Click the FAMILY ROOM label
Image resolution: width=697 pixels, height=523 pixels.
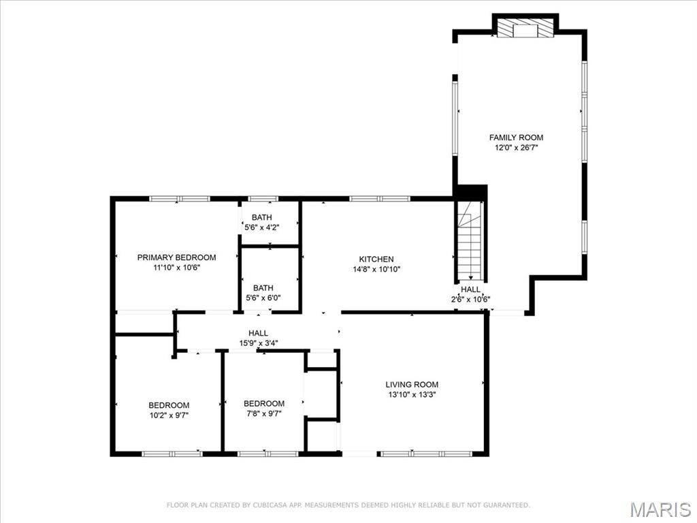(x=516, y=138)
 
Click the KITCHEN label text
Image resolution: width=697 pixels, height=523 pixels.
(x=376, y=259)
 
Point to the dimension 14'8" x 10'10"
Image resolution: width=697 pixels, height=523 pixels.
(x=376, y=269)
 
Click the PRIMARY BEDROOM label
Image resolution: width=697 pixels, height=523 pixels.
(x=176, y=257)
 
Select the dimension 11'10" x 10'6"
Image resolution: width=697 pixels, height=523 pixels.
(x=176, y=268)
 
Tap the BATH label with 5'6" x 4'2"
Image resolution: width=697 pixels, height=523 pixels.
(x=262, y=217)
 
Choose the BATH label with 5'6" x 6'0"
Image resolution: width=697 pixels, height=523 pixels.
(x=263, y=288)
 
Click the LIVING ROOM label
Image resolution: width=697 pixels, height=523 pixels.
(x=412, y=384)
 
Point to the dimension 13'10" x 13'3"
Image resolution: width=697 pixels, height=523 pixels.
(x=412, y=394)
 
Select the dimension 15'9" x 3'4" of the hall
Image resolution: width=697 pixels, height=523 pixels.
(x=258, y=343)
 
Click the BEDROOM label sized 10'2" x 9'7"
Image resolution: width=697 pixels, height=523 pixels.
(x=169, y=405)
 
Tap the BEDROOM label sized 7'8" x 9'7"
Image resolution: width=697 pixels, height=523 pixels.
(x=264, y=403)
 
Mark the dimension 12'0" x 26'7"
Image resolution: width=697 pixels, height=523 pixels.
(x=516, y=148)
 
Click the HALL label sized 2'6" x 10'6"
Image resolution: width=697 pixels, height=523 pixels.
(x=470, y=289)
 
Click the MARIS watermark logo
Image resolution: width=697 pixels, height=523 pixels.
(x=660, y=509)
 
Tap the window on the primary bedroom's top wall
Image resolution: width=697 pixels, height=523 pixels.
(x=179, y=199)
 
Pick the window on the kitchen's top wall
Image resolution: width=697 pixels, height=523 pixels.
(x=379, y=199)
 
